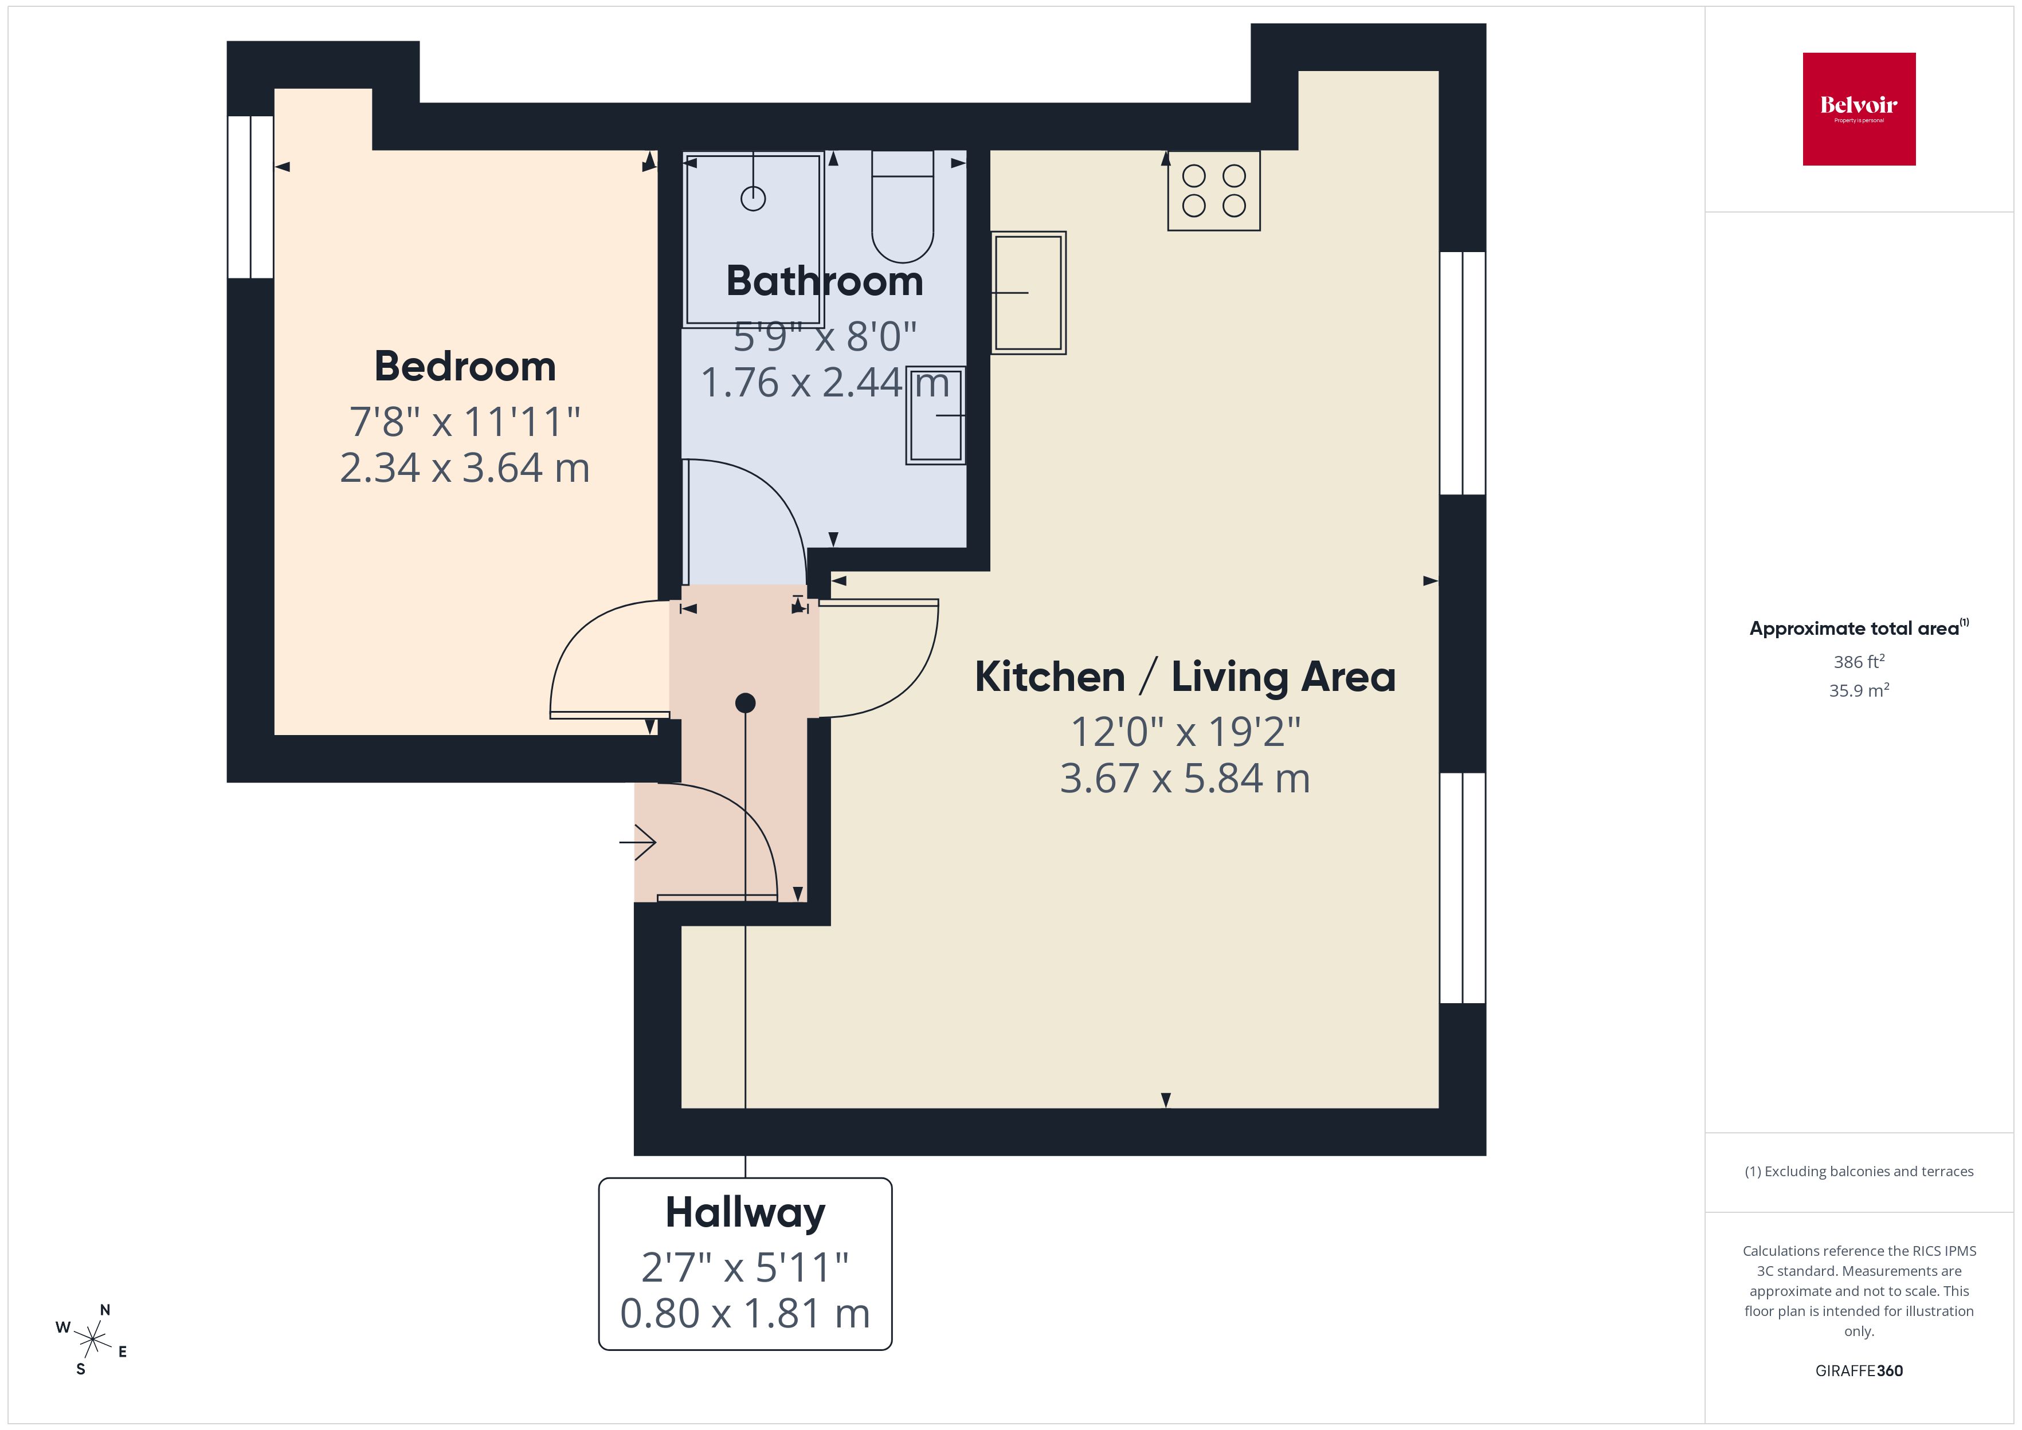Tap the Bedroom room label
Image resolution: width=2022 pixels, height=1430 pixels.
coord(465,366)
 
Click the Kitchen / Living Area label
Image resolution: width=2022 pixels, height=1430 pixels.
coord(1185,677)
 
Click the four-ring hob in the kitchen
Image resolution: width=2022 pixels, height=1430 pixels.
coord(1213,190)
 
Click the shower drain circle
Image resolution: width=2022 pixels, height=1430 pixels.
coord(753,199)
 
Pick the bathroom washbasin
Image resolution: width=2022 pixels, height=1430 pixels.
coord(936,415)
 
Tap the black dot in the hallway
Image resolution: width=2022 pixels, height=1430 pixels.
coord(745,702)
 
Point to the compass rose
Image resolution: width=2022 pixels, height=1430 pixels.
coord(92,1340)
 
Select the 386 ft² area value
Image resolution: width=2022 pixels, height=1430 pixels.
coord(1858,661)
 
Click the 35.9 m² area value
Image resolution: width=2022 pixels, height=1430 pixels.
coord(1858,690)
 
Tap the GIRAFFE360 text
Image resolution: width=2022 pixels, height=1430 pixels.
coord(1858,1370)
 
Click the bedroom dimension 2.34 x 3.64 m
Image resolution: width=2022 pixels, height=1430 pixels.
coord(465,467)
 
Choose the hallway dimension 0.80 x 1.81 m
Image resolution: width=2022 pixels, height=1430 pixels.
coord(745,1313)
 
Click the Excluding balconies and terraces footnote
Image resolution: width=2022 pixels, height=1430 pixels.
coord(1858,1171)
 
